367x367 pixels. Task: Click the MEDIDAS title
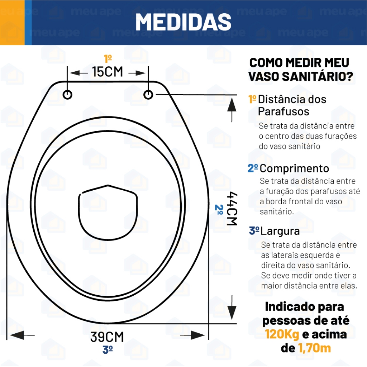click(x=183, y=22)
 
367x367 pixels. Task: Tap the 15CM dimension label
click(x=108, y=72)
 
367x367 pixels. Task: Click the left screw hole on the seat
click(x=67, y=94)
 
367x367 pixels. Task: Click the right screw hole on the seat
click(x=148, y=94)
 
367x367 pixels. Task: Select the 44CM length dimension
click(x=232, y=208)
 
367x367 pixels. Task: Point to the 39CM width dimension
click(x=107, y=337)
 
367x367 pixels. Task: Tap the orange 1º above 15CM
click(x=108, y=58)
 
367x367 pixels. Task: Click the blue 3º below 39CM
click(x=108, y=350)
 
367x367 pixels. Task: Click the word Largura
click(x=280, y=231)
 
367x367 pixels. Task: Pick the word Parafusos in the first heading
click(x=283, y=111)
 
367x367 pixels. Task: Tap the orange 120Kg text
click(x=282, y=334)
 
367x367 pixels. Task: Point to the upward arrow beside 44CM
click(x=232, y=109)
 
